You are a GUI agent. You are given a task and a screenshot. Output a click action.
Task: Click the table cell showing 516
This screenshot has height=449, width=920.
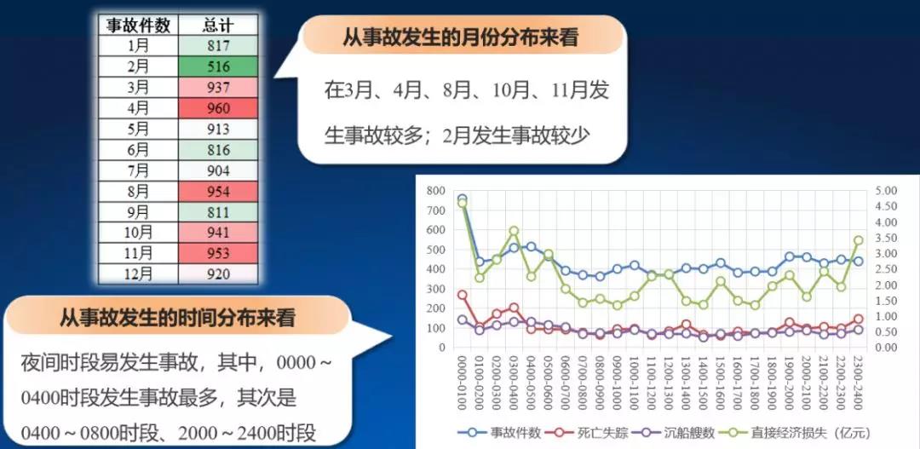(x=218, y=66)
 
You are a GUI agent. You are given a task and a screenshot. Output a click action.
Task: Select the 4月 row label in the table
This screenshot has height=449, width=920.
(x=138, y=108)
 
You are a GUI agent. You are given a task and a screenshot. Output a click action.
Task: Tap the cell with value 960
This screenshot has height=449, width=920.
(x=218, y=108)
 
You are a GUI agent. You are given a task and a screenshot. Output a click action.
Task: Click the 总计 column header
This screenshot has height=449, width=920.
(x=218, y=26)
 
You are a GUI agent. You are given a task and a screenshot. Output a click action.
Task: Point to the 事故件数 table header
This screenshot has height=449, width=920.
(x=138, y=26)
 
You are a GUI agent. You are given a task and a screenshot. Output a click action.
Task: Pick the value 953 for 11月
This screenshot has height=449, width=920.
(x=218, y=253)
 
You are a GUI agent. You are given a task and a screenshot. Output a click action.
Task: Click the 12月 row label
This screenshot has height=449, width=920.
(x=138, y=274)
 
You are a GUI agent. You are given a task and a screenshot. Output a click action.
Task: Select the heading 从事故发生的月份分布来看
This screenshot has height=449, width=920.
(x=461, y=37)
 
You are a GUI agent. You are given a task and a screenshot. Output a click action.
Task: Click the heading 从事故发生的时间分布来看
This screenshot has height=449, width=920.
(x=177, y=318)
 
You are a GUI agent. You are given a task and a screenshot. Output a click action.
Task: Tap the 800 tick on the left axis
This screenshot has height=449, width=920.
(x=436, y=191)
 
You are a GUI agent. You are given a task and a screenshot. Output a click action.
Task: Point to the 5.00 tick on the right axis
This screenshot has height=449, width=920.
(x=885, y=191)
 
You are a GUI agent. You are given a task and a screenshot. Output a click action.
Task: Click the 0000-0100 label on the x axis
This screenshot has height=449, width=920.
(x=463, y=377)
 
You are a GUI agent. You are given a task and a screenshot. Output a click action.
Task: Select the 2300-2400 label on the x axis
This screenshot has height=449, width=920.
(x=858, y=377)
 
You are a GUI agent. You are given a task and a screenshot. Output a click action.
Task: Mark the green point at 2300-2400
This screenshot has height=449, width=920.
(x=858, y=240)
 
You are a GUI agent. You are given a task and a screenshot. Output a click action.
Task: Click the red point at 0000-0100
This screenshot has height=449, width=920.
(x=463, y=296)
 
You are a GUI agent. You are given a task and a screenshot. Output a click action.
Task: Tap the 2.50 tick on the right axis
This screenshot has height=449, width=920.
(x=885, y=269)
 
